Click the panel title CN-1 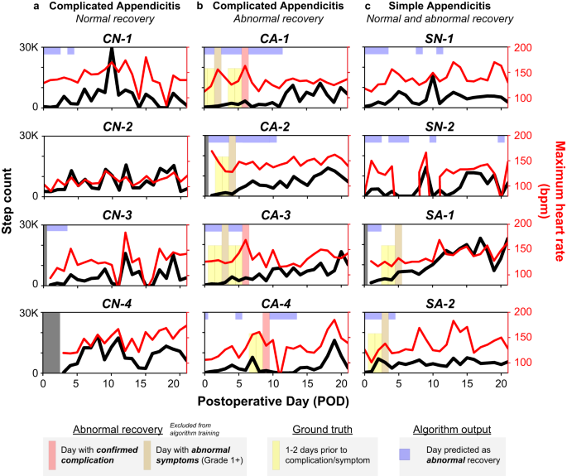(x=115, y=38)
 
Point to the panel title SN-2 (x=435, y=127)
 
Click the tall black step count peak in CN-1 (x=112, y=51)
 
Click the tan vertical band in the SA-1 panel (x=398, y=253)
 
